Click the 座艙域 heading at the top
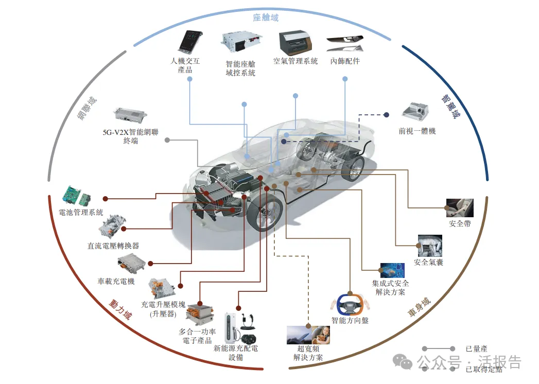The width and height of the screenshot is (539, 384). [x=266, y=18]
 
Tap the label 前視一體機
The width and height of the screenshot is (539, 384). [x=417, y=131]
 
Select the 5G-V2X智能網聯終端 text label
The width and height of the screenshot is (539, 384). [x=130, y=136]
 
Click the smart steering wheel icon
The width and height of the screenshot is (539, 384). [x=350, y=305]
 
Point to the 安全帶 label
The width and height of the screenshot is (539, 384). [x=460, y=224]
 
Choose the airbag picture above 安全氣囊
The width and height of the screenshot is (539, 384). [x=429, y=246]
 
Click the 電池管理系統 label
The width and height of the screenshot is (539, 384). [x=81, y=212]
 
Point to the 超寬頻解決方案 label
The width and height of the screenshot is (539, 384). [x=308, y=353]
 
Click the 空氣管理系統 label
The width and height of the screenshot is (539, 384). [x=295, y=61]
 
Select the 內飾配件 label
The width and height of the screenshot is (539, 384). [x=345, y=61]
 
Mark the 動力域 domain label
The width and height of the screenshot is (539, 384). [x=120, y=309]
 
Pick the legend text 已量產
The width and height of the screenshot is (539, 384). [x=476, y=348]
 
